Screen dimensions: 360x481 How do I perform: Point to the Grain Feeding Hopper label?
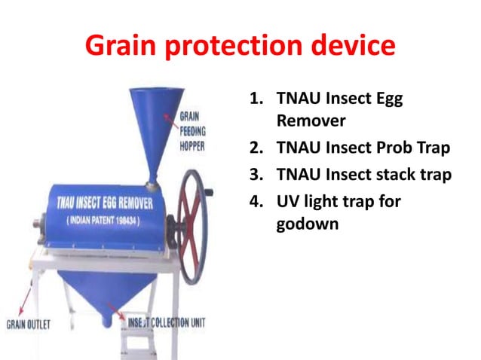coord(193,132)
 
